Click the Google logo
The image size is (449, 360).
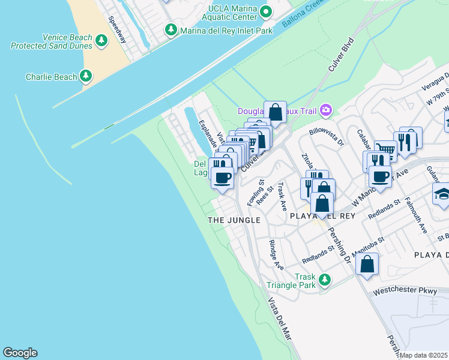20,353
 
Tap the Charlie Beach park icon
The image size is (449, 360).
86,76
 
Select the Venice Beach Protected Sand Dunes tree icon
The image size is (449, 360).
101,40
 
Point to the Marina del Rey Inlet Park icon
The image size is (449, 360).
171,29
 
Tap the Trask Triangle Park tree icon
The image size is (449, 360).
325,280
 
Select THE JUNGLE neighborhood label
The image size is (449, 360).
234,220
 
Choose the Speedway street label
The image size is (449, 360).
118,28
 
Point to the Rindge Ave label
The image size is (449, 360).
276,254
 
